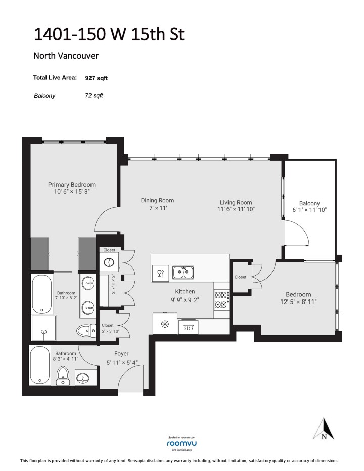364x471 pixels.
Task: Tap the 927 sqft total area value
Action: tap(96, 78)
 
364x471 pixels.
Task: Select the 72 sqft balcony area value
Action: tap(94, 95)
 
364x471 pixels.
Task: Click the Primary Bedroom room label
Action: tap(71, 185)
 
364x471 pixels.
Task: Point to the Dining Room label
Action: tap(157, 200)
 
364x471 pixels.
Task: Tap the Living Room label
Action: tap(236, 202)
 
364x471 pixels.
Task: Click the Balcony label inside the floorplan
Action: tap(309, 203)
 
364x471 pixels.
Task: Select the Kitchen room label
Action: tap(185, 291)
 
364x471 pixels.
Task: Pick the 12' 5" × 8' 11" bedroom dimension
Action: tap(298, 303)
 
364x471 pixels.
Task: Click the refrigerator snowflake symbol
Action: tap(164, 324)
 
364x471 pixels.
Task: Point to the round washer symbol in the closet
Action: tap(109, 262)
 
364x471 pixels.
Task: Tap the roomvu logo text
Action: tap(181, 443)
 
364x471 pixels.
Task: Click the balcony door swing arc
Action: tap(297, 238)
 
